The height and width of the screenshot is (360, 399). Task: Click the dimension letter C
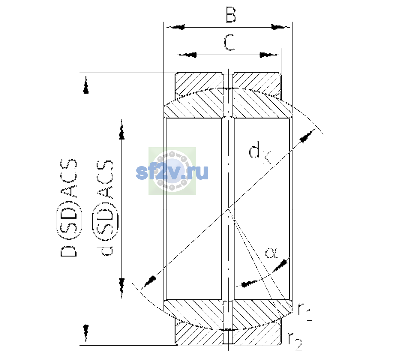point(229,42)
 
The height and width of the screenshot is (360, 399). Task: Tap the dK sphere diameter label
point(260,152)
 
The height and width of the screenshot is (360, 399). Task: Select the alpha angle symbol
point(271,253)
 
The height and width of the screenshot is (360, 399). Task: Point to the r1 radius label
point(305,312)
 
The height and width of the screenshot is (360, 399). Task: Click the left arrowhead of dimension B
point(175,27)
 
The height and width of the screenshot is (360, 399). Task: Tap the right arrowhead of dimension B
point(281,27)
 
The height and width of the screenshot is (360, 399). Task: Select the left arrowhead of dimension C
point(187,55)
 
